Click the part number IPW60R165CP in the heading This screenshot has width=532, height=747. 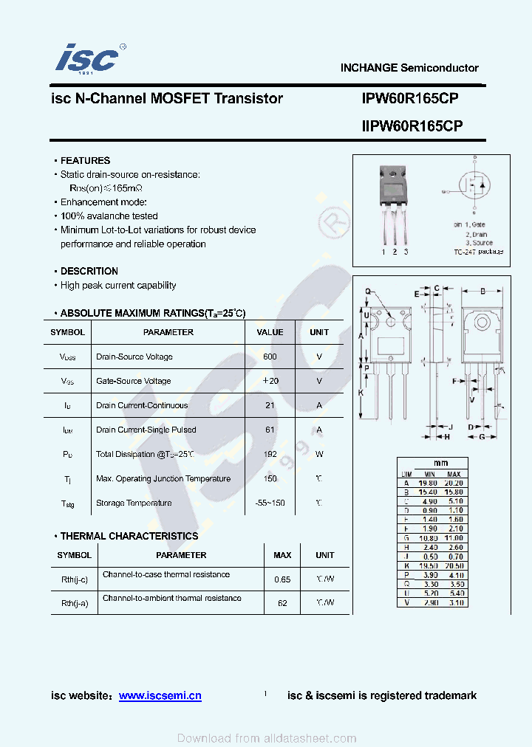pos(412,98)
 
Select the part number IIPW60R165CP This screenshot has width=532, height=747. pos(412,126)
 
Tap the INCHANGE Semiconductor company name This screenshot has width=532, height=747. pos(409,68)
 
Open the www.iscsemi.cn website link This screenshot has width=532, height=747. pos(160,695)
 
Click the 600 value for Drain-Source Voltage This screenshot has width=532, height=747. pos(270,357)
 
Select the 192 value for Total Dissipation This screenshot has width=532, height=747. pos(270,454)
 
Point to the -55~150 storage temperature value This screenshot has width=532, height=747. pos(270,503)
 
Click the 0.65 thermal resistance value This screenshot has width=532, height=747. pos(282,579)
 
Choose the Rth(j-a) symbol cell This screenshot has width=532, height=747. pos(75,603)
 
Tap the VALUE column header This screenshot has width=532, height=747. pos(270,332)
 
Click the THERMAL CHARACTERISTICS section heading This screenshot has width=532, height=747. pos(129,536)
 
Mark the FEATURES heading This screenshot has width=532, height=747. pos(85,160)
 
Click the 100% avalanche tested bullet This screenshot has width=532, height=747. pos(109,216)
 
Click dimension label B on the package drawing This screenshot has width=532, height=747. pos(482,291)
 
